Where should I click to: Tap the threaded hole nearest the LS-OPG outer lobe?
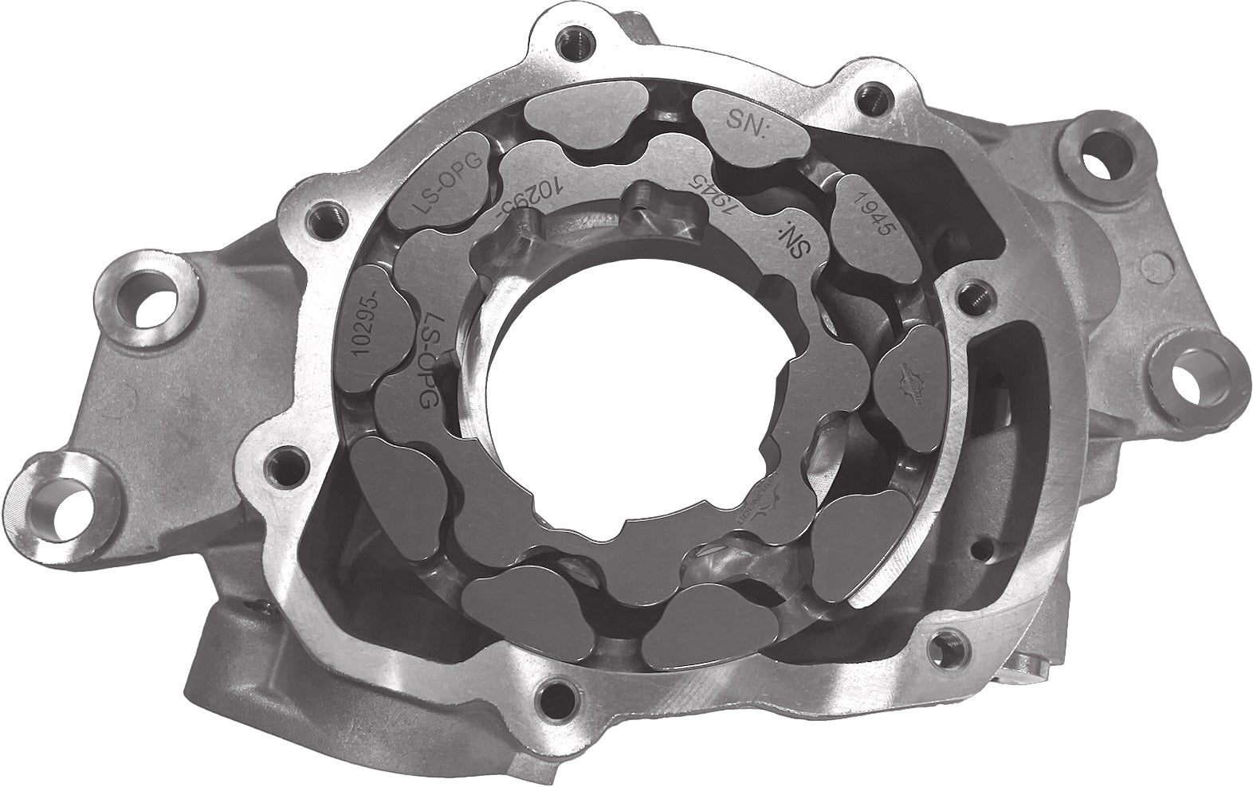[x=329, y=216]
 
